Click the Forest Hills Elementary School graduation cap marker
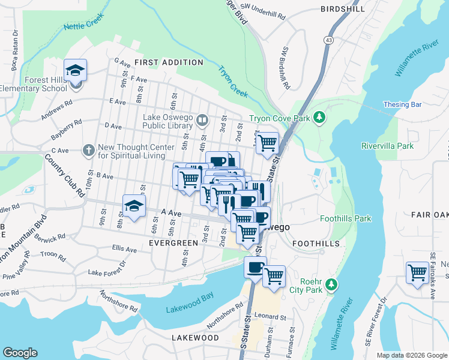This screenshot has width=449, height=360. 76,71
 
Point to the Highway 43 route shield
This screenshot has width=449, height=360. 328,40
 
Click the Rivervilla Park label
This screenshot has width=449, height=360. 387,146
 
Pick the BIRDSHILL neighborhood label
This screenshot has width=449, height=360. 342,9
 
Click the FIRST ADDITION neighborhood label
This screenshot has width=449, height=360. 169,62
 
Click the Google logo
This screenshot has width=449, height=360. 20,353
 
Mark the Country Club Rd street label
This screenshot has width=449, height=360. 65,178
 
